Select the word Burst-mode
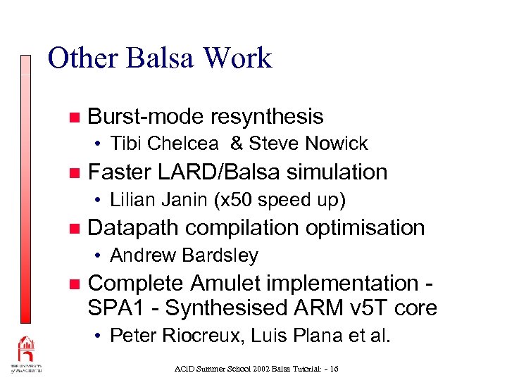click(x=147, y=116)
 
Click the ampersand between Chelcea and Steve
click(x=237, y=144)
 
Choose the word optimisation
click(x=366, y=227)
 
